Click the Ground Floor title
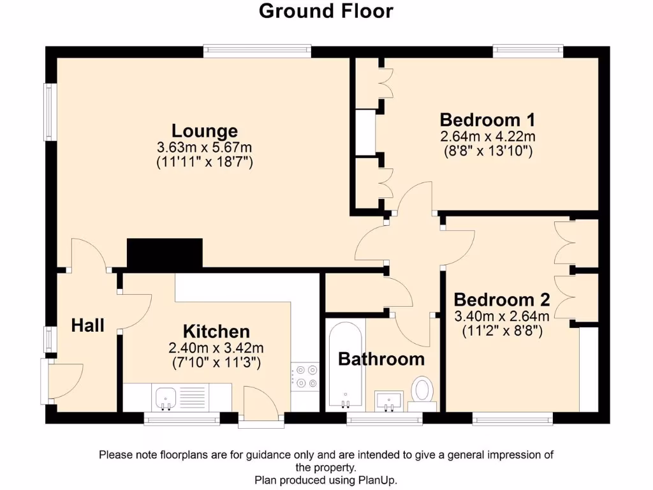pyautogui.click(x=326, y=11)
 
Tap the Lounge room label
pyautogui.click(x=205, y=131)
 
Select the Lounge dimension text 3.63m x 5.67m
pyautogui.click(x=205, y=147)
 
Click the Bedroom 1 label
pyautogui.click(x=487, y=120)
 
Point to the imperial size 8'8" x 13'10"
pyautogui.click(x=487, y=151)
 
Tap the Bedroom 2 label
pyautogui.click(x=501, y=300)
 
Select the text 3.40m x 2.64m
pyautogui.click(x=501, y=316)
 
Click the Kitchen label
pyautogui.click(x=216, y=332)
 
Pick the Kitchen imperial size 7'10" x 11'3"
pyautogui.click(x=216, y=362)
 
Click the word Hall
pyautogui.click(x=87, y=325)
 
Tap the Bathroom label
pyautogui.click(x=381, y=359)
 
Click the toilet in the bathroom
pyautogui.click(x=422, y=391)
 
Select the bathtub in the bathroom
pyautogui.click(x=345, y=365)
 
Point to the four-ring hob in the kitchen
pyautogui.click(x=304, y=376)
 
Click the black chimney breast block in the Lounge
pyautogui.click(x=165, y=253)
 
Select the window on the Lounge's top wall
pyautogui.click(x=258, y=51)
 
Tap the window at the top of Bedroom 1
pyautogui.click(x=527, y=51)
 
